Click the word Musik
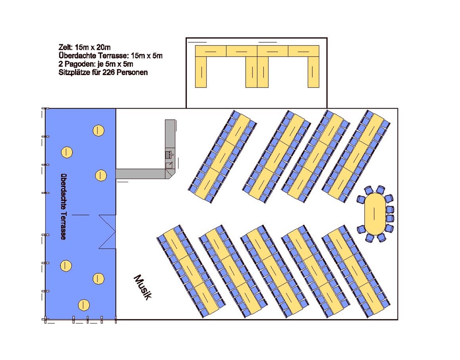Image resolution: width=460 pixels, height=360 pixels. coord(143,287)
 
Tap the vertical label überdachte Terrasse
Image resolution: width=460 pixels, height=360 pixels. coord(63,207)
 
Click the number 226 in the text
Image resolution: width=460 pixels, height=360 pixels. coord(109,73)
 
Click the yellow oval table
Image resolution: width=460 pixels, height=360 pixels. coord(374,214)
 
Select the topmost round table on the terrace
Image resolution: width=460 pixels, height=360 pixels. coord(98,130)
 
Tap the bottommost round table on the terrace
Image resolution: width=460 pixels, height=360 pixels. coord(84,304)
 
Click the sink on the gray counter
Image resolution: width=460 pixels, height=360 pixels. coord(170,154)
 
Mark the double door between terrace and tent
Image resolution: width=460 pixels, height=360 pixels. coord(107,232)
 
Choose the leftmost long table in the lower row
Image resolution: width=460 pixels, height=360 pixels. coord(191,271)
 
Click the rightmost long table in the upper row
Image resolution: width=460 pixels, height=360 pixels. coord(356,156)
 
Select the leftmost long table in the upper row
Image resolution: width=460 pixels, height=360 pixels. coord(223,156)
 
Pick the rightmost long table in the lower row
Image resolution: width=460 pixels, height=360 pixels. coord(356,271)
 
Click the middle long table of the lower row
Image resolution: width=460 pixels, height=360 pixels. coord(274,271)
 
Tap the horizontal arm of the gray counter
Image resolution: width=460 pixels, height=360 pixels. coord(141,174)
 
